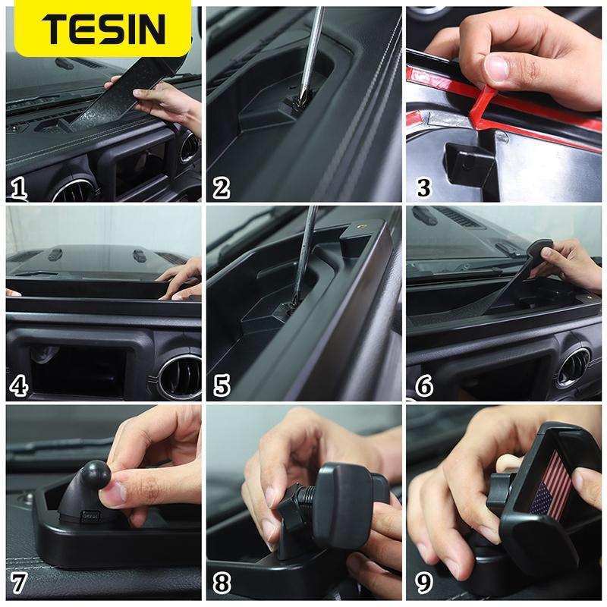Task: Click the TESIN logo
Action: click(x=103, y=29)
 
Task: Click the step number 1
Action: click(x=19, y=186)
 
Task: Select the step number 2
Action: click(x=221, y=186)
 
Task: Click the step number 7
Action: click(x=19, y=584)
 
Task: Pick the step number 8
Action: click(x=221, y=584)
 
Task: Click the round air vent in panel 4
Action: click(x=181, y=374)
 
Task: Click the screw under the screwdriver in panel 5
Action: click(x=288, y=310)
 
